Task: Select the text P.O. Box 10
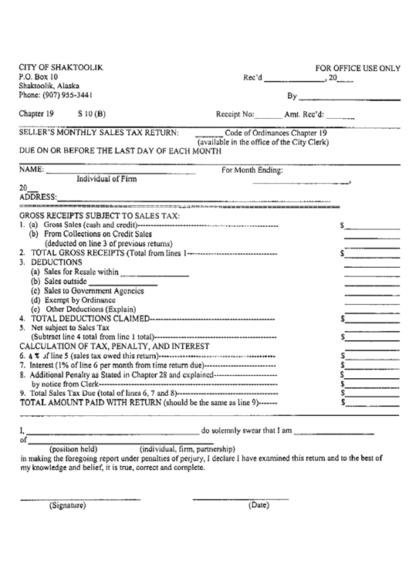pyautogui.click(x=39, y=77)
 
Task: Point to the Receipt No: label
pyautogui.click(x=235, y=114)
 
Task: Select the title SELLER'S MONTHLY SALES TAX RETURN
pyautogui.click(x=100, y=132)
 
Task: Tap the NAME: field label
pyautogui.click(x=31, y=169)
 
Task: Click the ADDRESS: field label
pyautogui.click(x=37, y=198)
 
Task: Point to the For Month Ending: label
pyautogui.click(x=252, y=170)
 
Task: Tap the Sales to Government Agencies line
pyautogui.click(x=82, y=290)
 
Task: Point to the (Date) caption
pyautogui.click(x=258, y=505)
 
